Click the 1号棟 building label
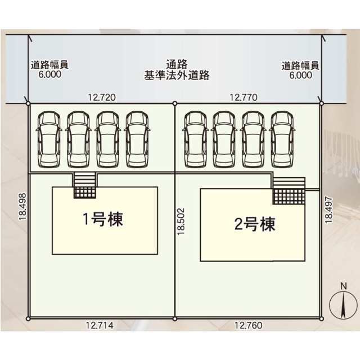[103, 219]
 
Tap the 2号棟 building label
[255, 224]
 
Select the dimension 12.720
[102, 97]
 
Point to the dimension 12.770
[244, 97]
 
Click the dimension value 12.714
[100, 325]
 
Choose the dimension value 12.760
[248, 325]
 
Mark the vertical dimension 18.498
[22, 206]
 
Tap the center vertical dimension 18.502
[181, 221]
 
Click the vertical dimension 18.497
[328, 209]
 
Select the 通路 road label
[177, 64]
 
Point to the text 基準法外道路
[177, 75]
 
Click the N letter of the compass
[344, 286]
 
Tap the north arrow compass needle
[343, 305]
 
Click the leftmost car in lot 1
[49, 139]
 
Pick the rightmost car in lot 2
[282, 139]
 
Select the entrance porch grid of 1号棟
[85, 192]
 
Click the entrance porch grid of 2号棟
[289, 196]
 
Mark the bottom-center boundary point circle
[175, 319]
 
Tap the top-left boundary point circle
[28, 103]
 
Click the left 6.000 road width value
[50, 74]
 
